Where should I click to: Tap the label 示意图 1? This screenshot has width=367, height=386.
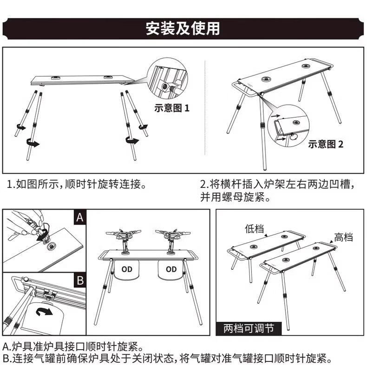point(172,108)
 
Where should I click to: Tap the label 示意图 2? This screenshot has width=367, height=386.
point(326,144)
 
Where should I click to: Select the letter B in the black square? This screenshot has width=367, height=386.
point(79,281)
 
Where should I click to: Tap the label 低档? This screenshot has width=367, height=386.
point(254,229)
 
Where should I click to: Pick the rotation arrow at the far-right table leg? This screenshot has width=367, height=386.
point(143,126)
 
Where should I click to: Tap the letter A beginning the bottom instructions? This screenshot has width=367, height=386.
point(6,347)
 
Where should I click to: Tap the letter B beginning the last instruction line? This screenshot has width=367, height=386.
point(6,359)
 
